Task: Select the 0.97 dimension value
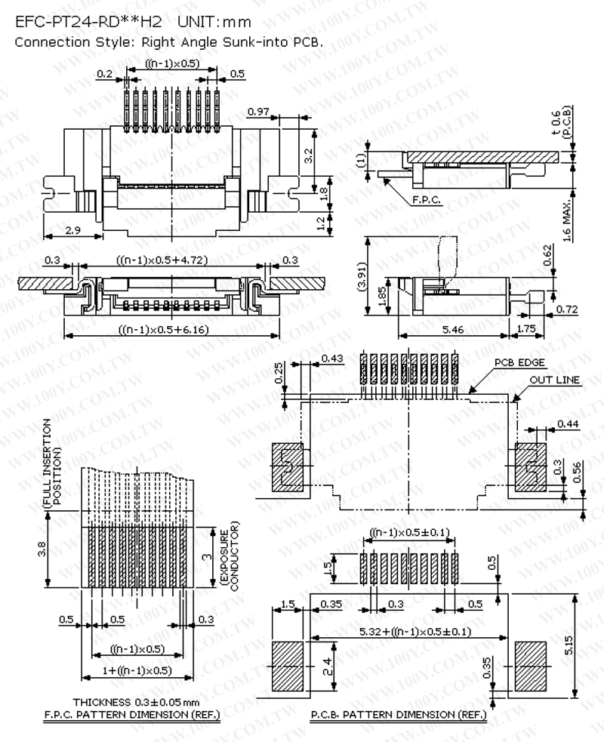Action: [x=258, y=112]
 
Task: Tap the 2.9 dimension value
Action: [x=73, y=230]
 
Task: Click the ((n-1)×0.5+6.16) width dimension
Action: [x=164, y=329]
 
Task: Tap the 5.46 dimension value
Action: [x=452, y=330]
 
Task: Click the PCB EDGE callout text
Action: [x=520, y=362]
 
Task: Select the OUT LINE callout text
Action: [x=556, y=380]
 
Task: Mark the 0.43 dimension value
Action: [x=331, y=357]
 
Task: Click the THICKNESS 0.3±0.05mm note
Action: [x=131, y=701]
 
